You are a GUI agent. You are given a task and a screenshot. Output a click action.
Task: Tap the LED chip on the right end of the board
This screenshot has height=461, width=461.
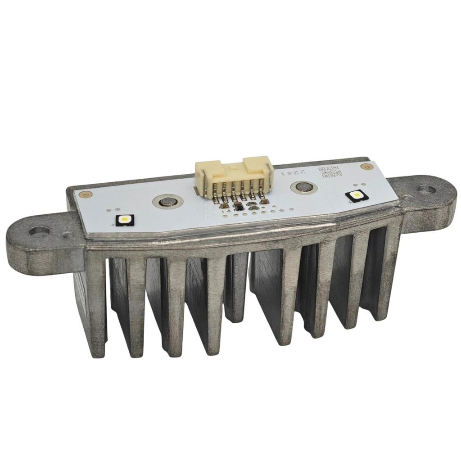click(356, 196)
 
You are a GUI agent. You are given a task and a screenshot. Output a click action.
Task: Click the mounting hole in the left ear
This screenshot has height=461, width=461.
click(38, 232)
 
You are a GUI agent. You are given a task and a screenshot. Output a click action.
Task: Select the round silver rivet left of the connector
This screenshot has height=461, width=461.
click(167, 201)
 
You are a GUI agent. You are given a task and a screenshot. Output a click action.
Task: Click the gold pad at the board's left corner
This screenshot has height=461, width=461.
click(82, 194)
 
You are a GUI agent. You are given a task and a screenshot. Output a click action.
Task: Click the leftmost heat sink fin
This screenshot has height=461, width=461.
click(96, 306)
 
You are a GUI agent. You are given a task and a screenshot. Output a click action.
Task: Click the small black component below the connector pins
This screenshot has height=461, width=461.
click(239, 208)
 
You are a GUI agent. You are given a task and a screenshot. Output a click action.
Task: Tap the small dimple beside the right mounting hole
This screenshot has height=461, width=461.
click(406, 197)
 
